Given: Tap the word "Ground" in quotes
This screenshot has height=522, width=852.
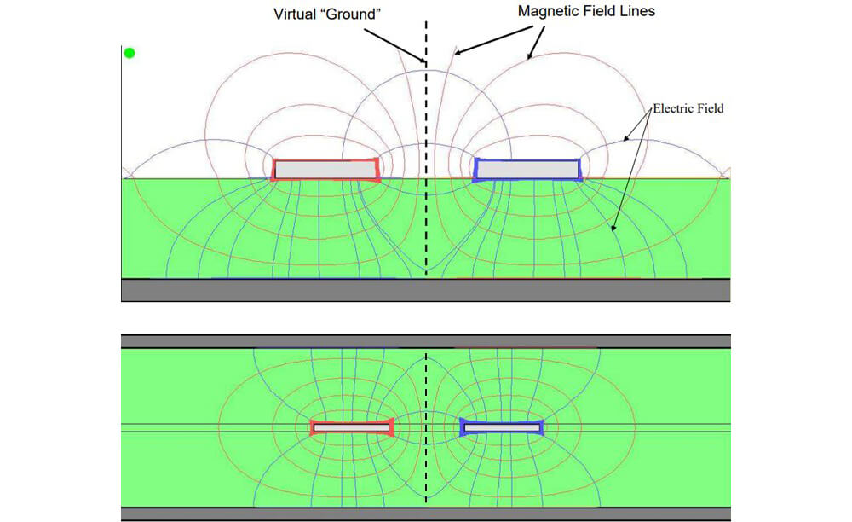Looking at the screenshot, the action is coord(352,14).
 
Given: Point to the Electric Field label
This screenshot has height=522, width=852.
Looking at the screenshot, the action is coord(688,108).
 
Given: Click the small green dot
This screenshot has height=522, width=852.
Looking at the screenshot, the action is coord(130,53).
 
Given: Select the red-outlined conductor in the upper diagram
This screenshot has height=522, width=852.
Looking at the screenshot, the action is coord(325,169).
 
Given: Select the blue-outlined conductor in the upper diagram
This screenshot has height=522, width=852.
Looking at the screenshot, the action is coord(527,169).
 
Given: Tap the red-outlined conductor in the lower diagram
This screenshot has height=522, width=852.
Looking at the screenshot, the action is coord(352,427).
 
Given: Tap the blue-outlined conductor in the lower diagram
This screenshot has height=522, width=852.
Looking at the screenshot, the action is coord(502,427).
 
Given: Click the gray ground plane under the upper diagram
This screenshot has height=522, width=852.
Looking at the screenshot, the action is coord(425,290).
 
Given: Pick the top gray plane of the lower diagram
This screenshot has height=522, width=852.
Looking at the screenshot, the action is coord(425,341).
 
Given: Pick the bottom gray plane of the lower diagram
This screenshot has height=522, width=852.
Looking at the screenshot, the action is coord(425,513).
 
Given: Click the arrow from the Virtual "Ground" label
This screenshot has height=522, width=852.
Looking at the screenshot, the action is coord(394,45).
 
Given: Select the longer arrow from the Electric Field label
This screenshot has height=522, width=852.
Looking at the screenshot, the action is coord(630,171).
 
